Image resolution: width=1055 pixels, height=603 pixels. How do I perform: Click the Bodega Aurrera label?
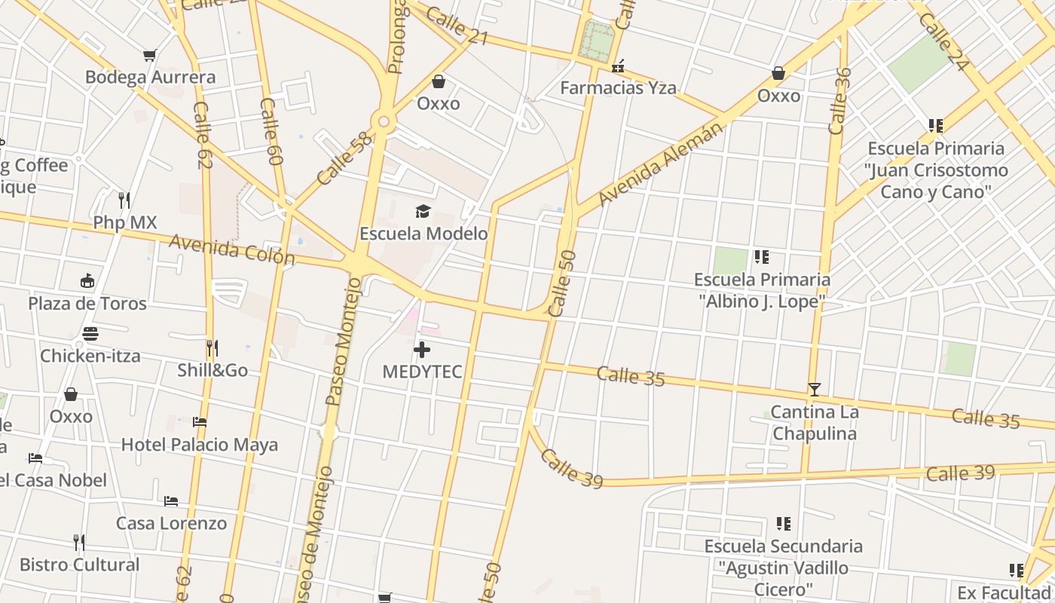[150, 77]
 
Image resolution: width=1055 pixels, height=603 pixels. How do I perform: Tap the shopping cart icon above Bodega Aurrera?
[150, 55]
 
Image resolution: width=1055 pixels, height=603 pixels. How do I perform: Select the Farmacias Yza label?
[618, 88]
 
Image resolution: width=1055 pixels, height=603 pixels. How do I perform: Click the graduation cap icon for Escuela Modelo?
[423, 211]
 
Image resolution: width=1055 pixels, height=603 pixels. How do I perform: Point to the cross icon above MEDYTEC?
[422, 349]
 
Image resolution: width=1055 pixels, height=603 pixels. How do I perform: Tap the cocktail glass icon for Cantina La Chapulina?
[814, 390]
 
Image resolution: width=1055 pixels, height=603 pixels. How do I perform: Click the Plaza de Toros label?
[87, 303]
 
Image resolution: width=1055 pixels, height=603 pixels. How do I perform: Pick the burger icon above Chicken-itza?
[90, 333]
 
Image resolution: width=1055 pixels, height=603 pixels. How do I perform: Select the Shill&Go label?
[213, 370]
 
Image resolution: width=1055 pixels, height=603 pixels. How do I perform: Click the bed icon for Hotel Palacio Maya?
[200, 422]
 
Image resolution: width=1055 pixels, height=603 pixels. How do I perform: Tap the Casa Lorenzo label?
[171, 523]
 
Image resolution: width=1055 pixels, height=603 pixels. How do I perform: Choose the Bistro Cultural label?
[80, 565]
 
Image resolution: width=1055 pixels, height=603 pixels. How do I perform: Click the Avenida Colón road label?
[232, 249]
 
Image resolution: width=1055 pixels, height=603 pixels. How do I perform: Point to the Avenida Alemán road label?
[661, 163]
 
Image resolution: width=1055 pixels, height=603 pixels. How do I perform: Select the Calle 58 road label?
[345, 158]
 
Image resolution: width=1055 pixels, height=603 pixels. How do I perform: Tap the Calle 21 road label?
[457, 25]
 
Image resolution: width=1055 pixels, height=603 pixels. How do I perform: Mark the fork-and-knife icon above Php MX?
[124, 200]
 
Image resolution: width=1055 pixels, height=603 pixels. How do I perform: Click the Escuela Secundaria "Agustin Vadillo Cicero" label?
[783, 567]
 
